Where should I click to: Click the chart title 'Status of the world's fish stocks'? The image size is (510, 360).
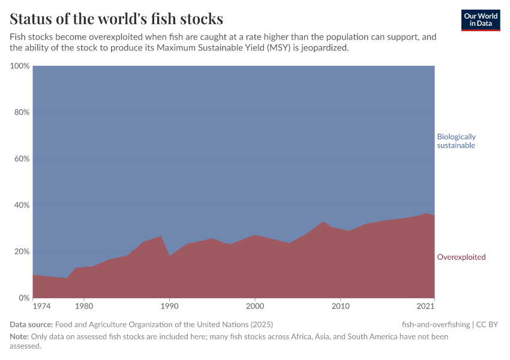coord(116,18)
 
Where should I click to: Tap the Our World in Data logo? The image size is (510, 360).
coord(480,20)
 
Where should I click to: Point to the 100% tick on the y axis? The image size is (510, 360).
coord(20,66)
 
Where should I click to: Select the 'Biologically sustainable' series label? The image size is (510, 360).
coord(456,141)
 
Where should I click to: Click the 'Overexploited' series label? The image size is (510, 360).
coord(461,257)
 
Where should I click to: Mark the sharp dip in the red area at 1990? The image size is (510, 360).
coord(170,256)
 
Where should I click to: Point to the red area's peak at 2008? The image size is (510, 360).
coord(323,222)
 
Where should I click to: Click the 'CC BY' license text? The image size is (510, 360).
coord(487,325)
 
